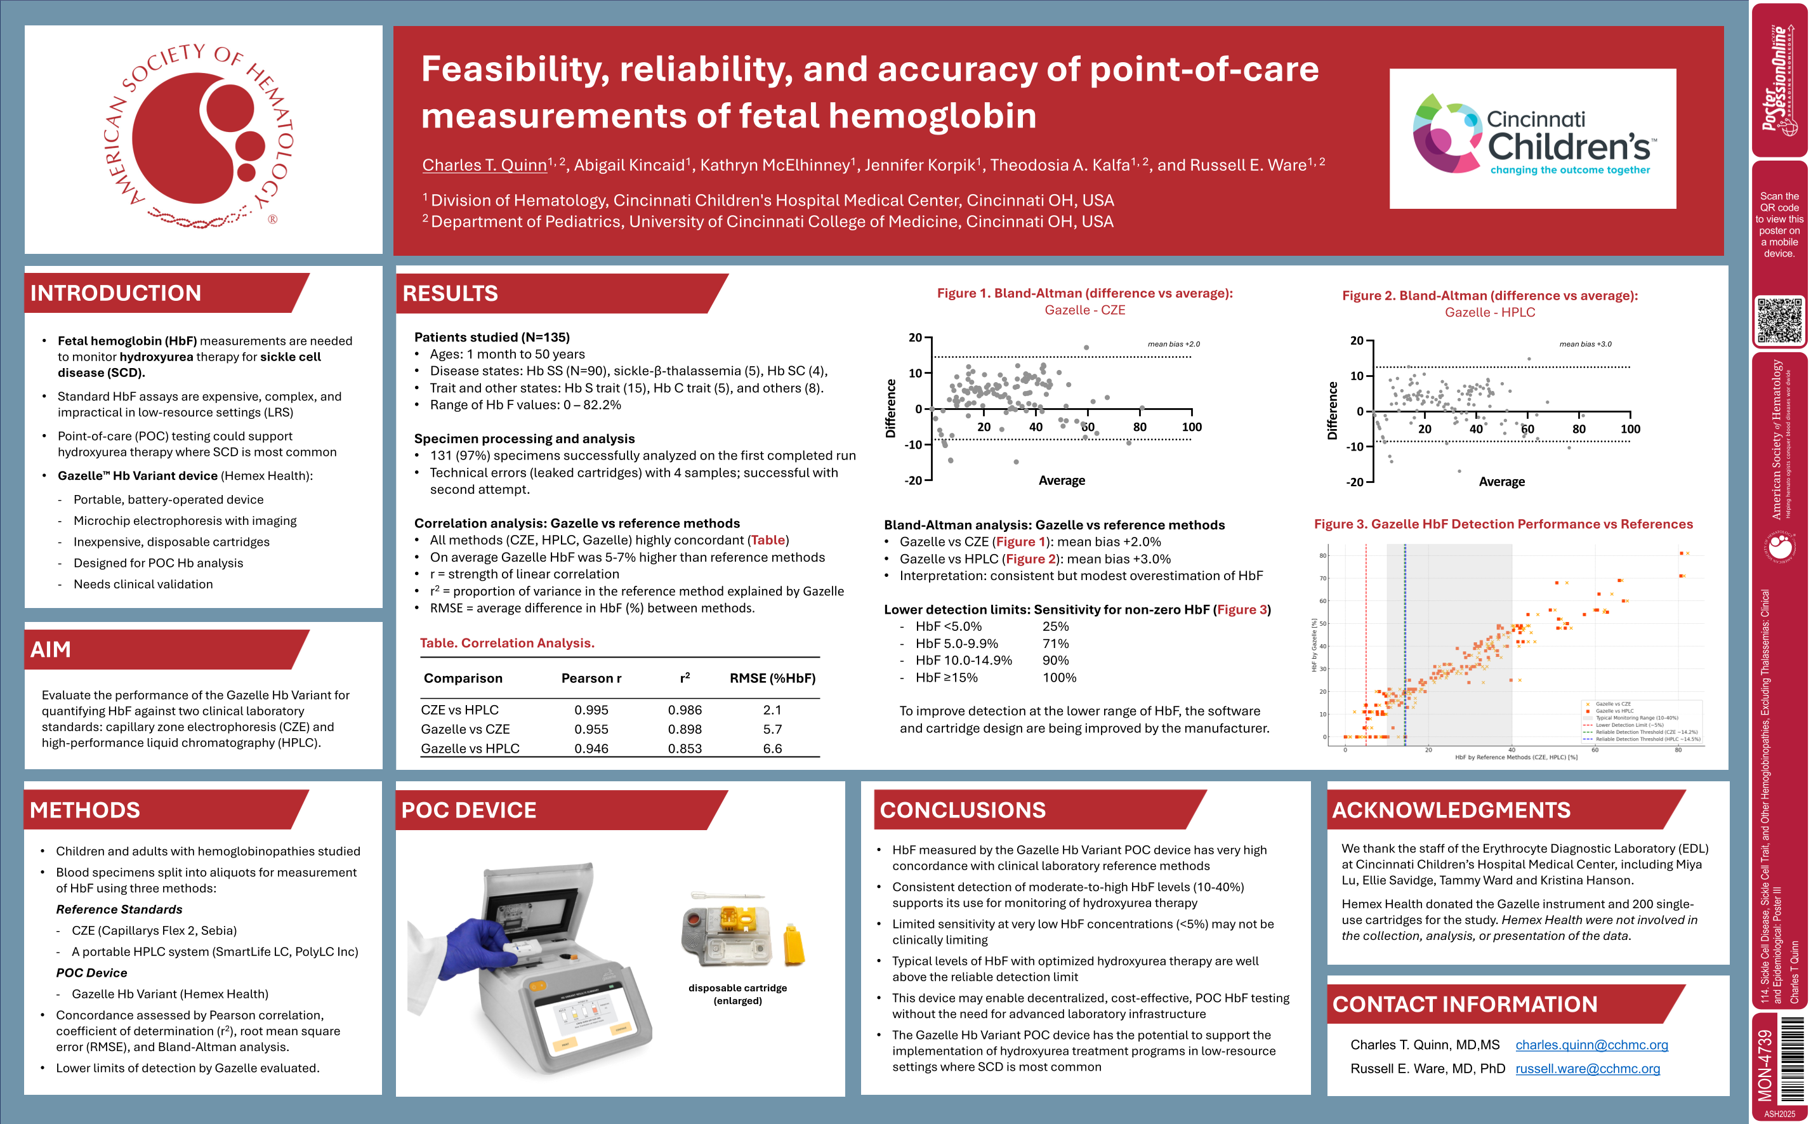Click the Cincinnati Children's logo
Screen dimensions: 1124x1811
tap(1532, 139)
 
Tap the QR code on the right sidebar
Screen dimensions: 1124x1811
tap(1779, 321)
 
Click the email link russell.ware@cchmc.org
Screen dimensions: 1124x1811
tap(1587, 1068)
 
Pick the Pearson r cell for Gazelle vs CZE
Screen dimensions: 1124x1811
tap(591, 729)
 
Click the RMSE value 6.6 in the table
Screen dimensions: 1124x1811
tap(772, 748)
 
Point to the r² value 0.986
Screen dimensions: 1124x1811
tap(685, 710)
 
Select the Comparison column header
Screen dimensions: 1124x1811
tap(463, 678)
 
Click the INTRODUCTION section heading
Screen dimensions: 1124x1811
tap(116, 293)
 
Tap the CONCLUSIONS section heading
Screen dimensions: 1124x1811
tap(963, 810)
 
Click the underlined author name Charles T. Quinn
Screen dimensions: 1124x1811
tap(485, 165)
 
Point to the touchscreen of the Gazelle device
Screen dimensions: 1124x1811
tap(587, 1019)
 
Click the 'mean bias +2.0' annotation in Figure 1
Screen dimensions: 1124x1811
tap(1173, 344)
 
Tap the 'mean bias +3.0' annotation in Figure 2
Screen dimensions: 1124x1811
tap(1585, 344)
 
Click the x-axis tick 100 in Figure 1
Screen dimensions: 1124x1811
tap(1191, 426)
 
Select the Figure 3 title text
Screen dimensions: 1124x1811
tap(1503, 524)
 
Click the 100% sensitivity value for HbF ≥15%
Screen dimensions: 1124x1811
tap(1059, 677)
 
